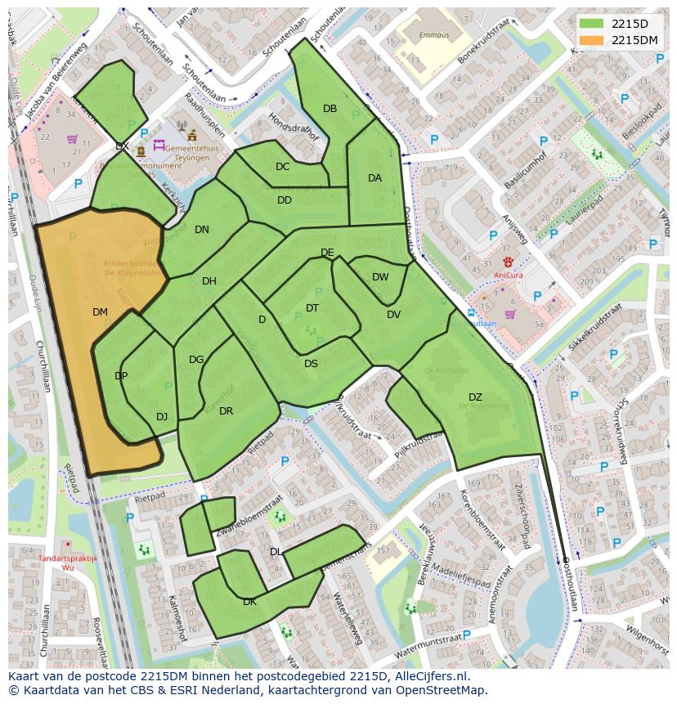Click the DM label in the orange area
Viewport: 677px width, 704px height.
[100, 312]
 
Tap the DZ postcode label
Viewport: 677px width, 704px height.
[475, 397]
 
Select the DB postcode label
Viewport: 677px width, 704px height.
[330, 109]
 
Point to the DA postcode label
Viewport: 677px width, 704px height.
[374, 177]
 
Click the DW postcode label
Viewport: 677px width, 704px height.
[380, 277]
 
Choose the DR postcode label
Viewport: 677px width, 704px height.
[226, 411]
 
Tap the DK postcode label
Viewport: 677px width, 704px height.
[249, 602]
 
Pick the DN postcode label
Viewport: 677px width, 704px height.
[202, 230]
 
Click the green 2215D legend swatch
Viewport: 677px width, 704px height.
[592, 23]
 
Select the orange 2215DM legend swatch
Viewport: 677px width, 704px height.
[592, 39]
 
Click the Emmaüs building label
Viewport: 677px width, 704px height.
[411, 35]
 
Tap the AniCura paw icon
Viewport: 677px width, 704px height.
[508, 262]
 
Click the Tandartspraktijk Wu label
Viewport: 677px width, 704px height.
[68, 562]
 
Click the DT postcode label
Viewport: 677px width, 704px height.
[312, 307]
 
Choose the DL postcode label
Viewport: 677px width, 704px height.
[276, 552]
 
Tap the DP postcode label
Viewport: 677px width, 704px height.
[121, 376]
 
